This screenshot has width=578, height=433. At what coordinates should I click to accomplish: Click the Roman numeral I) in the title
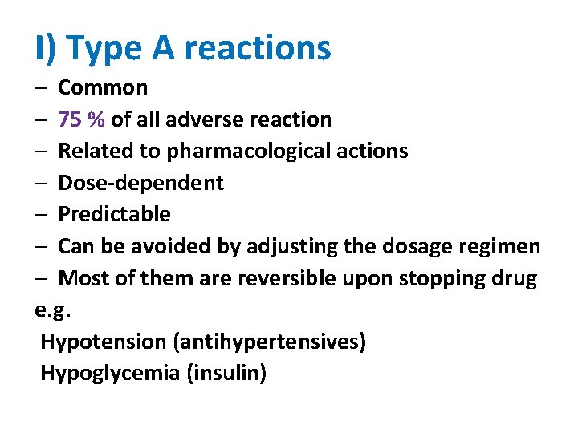(46, 48)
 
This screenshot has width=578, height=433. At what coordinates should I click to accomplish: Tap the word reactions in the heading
(257, 48)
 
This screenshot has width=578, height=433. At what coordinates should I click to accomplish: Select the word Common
(103, 87)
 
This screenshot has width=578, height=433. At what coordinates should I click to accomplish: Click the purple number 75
(70, 119)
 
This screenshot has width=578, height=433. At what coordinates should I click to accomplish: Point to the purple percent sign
(96, 119)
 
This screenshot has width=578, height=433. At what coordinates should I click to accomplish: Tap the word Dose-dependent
(141, 183)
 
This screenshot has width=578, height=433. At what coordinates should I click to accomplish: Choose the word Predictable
(115, 214)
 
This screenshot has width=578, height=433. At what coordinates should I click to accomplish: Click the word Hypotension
(104, 342)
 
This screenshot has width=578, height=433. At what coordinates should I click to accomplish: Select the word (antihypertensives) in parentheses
(269, 342)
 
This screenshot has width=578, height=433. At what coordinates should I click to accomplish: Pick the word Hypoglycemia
(110, 374)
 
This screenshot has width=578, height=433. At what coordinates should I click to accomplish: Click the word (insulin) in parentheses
(227, 374)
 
